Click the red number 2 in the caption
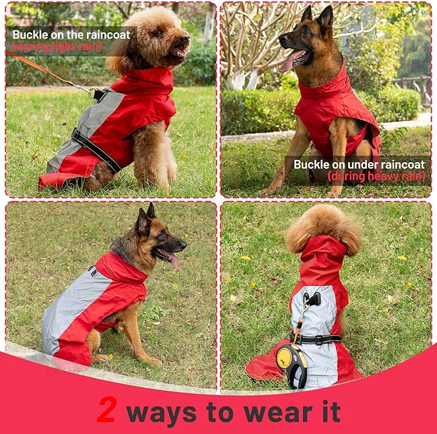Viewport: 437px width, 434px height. (106, 410)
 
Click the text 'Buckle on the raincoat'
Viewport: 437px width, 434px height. (71, 35)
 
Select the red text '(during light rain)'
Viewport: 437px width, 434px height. (57, 46)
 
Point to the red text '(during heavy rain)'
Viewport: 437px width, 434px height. (377, 176)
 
